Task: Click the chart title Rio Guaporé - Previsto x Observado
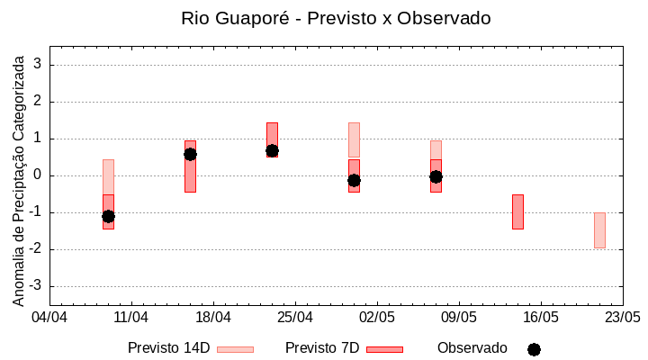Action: (x=336, y=18)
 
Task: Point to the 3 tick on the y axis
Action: (x=38, y=65)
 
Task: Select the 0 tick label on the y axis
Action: (x=38, y=175)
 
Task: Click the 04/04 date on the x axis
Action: (x=49, y=318)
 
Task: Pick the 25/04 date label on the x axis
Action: (x=294, y=318)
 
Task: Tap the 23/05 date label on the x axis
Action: (x=622, y=318)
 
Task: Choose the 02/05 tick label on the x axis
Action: (x=376, y=318)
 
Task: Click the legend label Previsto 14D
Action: (x=168, y=348)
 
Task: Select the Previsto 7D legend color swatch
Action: (x=384, y=349)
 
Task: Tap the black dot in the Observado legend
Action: (x=534, y=349)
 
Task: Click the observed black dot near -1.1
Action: (x=108, y=216)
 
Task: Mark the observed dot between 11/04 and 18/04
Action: (x=190, y=154)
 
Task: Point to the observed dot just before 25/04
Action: (x=272, y=150)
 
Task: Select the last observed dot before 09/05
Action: (x=436, y=176)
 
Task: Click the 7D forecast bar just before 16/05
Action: (x=517, y=211)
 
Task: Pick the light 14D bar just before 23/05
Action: (x=599, y=229)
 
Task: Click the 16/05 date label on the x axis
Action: (x=540, y=318)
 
